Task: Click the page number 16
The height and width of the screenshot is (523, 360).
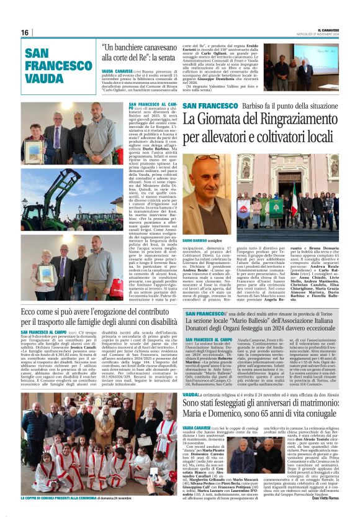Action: [25, 32]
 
